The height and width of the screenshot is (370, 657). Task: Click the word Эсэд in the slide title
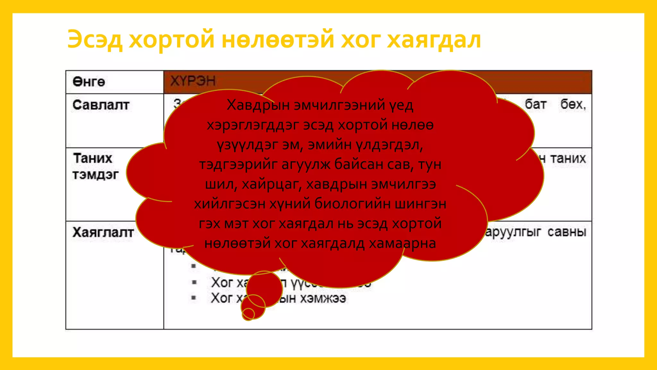[x=95, y=40]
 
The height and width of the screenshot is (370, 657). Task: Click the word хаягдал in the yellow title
[x=434, y=40]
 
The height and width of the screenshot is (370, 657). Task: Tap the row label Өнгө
[x=89, y=82]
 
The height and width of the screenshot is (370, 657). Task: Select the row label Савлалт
[x=101, y=105]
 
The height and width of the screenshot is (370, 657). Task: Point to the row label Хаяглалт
[x=103, y=232]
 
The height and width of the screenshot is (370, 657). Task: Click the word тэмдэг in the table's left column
[x=95, y=175]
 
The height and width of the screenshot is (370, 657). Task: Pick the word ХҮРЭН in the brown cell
[x=193, y=81]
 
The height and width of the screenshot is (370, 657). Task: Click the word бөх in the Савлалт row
[x=573, y=104]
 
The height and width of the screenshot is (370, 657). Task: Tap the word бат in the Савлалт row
[x=535, y=104]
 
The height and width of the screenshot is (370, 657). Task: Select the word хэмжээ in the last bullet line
[x=323, y=298]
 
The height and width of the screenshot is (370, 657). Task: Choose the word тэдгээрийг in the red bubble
[x=238, y=164]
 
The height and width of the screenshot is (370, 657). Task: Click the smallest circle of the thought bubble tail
[x=248, y=314]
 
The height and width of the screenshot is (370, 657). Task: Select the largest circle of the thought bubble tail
[x=264, y=288]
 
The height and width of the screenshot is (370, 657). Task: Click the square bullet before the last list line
[x=193, y=298]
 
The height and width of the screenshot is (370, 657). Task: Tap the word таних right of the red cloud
[x=568, y=158]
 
